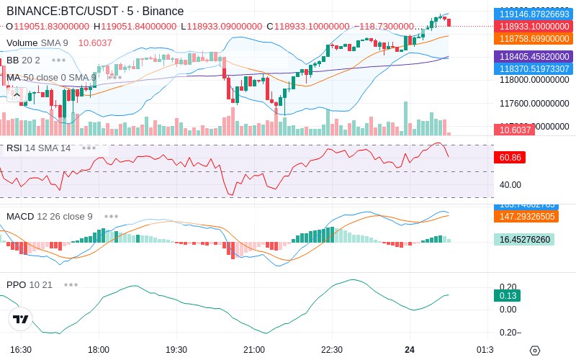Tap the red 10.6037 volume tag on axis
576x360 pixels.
pos(513,130)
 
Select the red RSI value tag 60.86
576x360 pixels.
pos(509,157)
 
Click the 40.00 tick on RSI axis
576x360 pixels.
pos(510,184)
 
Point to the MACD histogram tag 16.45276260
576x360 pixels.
pos(523,240)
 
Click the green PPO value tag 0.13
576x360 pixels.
pos(507,295)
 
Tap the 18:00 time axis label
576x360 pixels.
pos(99,350)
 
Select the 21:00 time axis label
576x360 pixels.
pos(253,350)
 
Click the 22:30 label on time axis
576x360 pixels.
pos(331,350)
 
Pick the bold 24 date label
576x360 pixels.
pos(410,350)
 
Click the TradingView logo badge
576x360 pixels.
pos(21,319)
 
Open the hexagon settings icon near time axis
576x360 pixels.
pos(534,351)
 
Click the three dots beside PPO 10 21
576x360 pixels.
pos(71,285)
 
